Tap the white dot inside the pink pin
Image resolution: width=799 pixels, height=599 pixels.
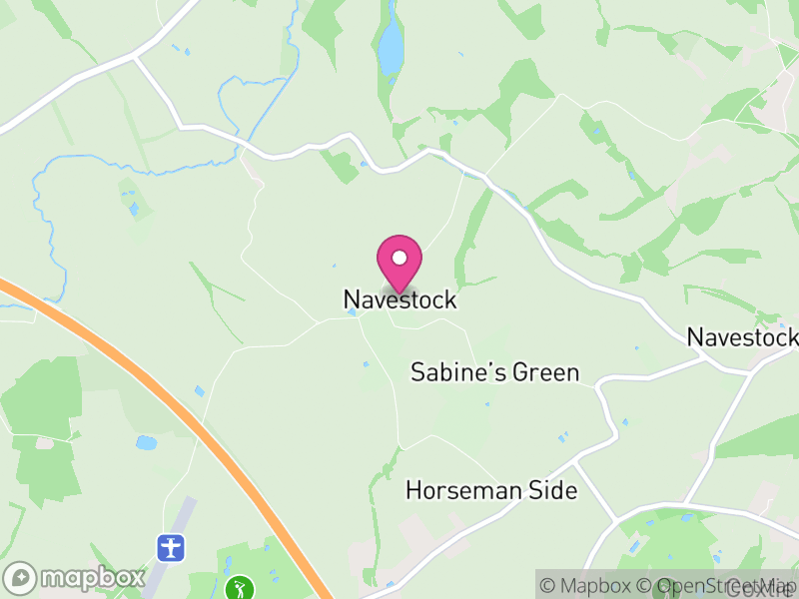click(399, 258)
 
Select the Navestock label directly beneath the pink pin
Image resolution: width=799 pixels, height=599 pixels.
click(399, 299)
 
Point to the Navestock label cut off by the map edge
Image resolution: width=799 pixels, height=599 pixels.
click(743, 337)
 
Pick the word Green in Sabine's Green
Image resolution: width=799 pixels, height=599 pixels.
click(545, 373)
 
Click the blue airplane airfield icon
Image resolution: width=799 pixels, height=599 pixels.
click(172, 547)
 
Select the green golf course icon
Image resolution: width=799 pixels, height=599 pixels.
click(239, 587)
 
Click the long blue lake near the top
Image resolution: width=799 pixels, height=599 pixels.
click(392, 45)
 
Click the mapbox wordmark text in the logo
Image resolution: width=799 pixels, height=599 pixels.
click(92, 577)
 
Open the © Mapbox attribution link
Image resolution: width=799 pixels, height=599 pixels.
click(593, 586)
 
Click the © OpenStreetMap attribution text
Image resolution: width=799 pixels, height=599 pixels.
click(713, 586)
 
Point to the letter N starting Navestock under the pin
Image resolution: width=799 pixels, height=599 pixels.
click(351, 299)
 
